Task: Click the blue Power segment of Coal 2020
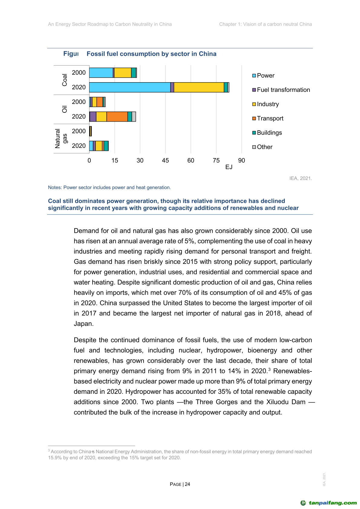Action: click(130, 87)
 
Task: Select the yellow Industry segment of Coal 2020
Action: click(199, 87)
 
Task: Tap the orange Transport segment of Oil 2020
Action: click(117, 117)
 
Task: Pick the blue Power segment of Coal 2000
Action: click(101, 73)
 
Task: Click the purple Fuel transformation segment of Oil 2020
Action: click(93, 117)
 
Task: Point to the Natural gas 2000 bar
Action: click(90, 131)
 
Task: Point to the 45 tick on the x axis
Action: click(165, 160)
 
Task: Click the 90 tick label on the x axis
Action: click(242, 160)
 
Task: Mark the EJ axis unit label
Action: click(229, 167)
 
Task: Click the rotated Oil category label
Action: click(64, 109)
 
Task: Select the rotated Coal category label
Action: click(64, 80)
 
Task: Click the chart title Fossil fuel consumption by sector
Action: click(151, 54)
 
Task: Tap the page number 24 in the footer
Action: click(187, 484)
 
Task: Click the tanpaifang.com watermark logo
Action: click(329, 503)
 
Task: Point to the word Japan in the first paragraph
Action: click(83, 324)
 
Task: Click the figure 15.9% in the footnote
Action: click(55, 458)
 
